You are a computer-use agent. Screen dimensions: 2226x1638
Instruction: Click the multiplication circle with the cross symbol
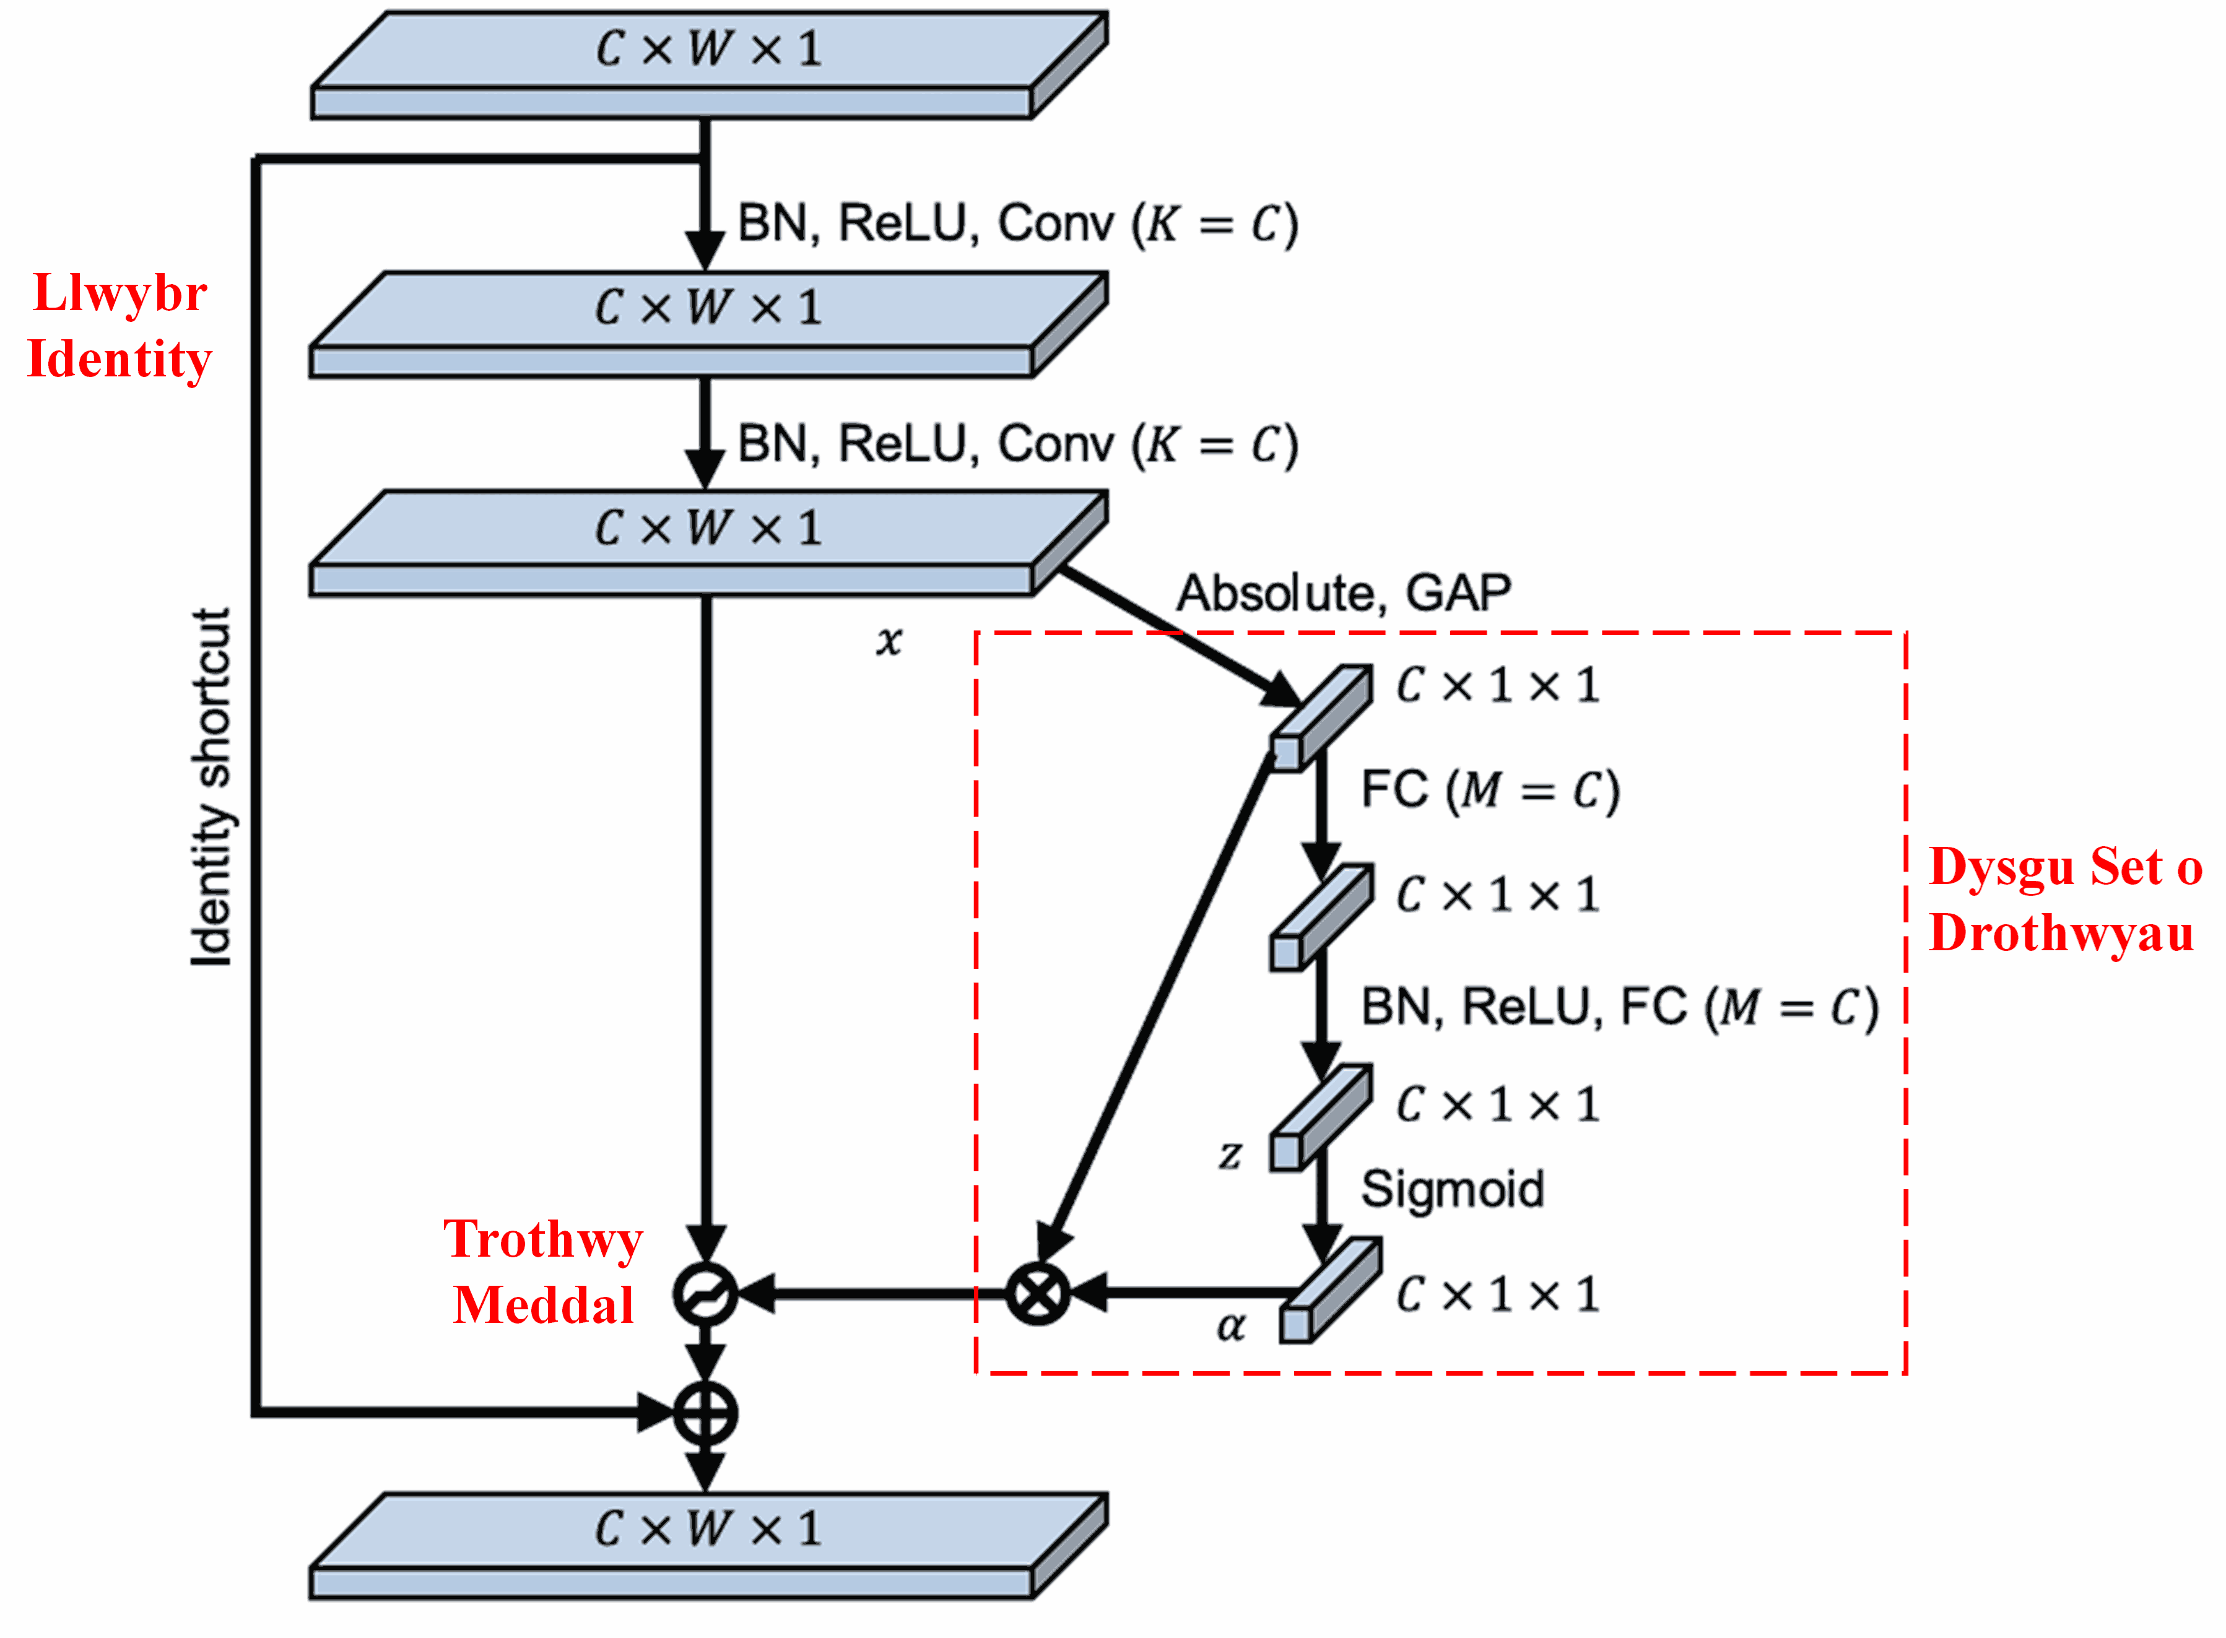(x=1037, y=1293)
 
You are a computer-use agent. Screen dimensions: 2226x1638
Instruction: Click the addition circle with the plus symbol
(x=705, y=1413)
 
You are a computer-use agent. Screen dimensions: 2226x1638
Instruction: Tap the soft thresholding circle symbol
(x=705, y=1293)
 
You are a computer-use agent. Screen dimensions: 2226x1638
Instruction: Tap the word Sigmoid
(x=1453, y=1188)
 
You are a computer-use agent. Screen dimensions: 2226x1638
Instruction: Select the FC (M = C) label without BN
(x=1489, y=791)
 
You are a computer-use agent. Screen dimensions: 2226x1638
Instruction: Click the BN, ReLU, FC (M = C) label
(x=1618, y=1007)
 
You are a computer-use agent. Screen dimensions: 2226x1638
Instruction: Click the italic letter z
(x=1230, y=1154)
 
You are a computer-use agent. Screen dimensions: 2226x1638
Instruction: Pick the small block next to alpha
(x=1329, y=1291)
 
